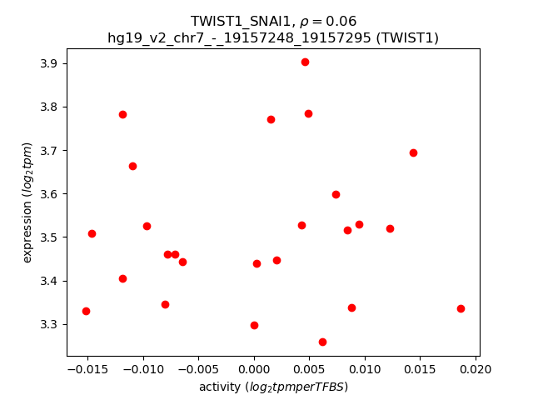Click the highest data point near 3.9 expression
305,62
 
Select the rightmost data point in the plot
461,308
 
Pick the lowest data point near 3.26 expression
322,342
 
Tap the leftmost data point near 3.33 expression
86,311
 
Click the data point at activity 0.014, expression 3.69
413,152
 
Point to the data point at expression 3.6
336,194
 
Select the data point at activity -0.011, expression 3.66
132,166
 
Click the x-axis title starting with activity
273,387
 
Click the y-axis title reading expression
27,202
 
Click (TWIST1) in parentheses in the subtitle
406,37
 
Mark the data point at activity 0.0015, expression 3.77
271,119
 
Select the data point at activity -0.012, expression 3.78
122,114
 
